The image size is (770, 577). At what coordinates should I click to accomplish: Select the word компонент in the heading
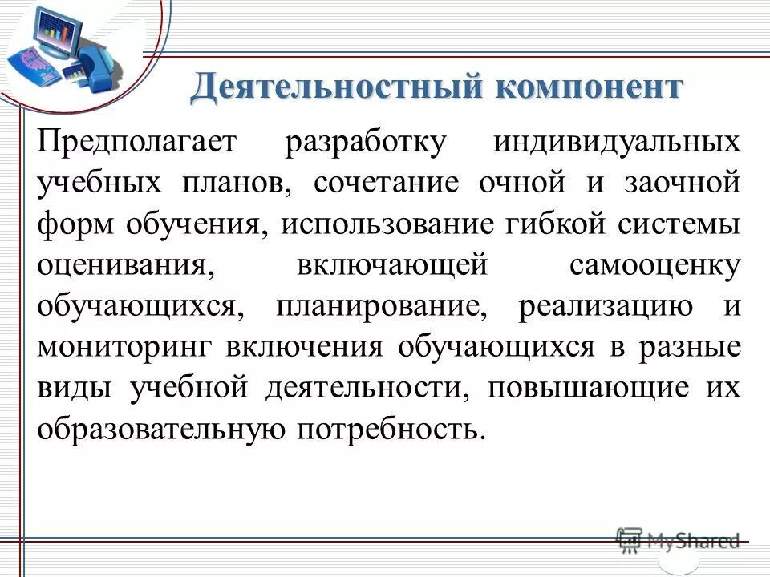click(x=590, y=87)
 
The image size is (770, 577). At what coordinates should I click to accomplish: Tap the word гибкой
click(x=559, y=225)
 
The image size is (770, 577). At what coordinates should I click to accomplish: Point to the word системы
click(x=682, y=225)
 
